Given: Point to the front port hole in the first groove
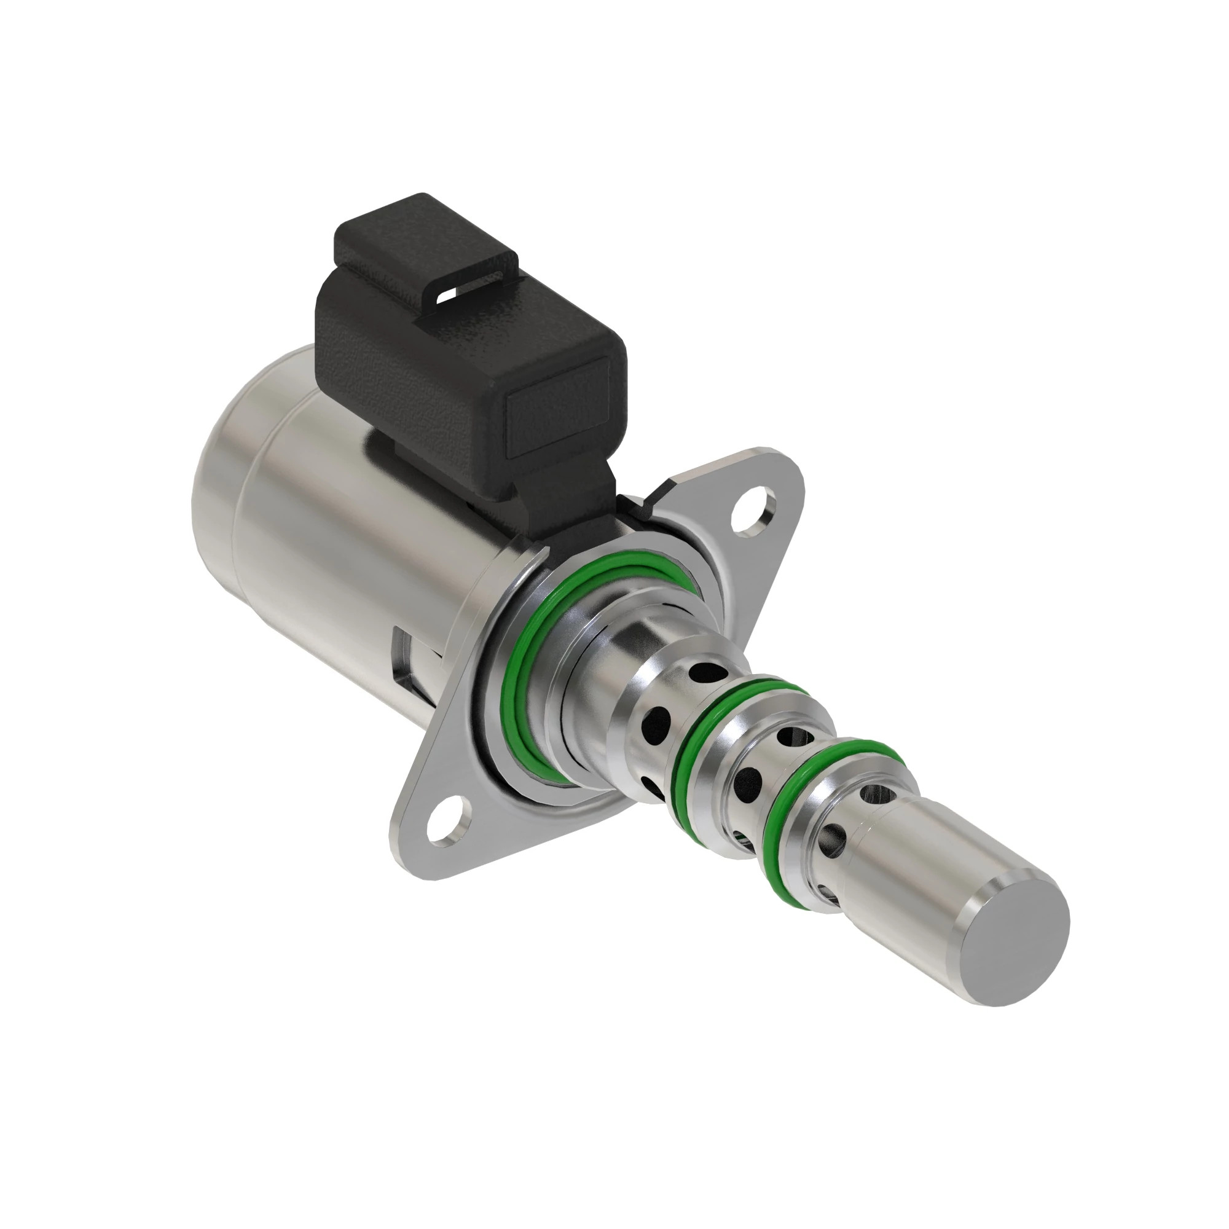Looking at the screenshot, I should pyautogui.click(x=655, y=720).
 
